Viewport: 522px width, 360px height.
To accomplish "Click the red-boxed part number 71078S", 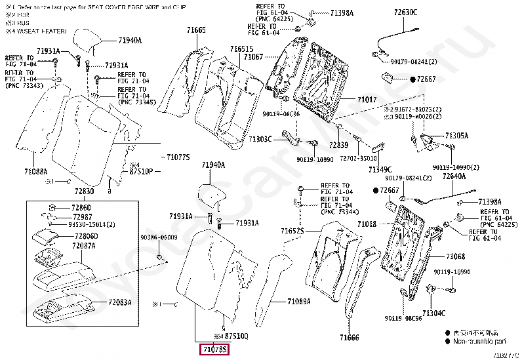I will point(214,350).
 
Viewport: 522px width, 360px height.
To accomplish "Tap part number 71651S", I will point(240,50).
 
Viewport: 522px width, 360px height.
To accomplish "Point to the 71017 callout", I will point(367,100).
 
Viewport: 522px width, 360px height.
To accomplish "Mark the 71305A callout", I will point(457,135).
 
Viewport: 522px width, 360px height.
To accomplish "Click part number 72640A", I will point(453,176).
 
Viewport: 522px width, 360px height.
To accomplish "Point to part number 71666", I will point(350,337).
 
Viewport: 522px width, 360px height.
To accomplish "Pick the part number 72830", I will point(85,191).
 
